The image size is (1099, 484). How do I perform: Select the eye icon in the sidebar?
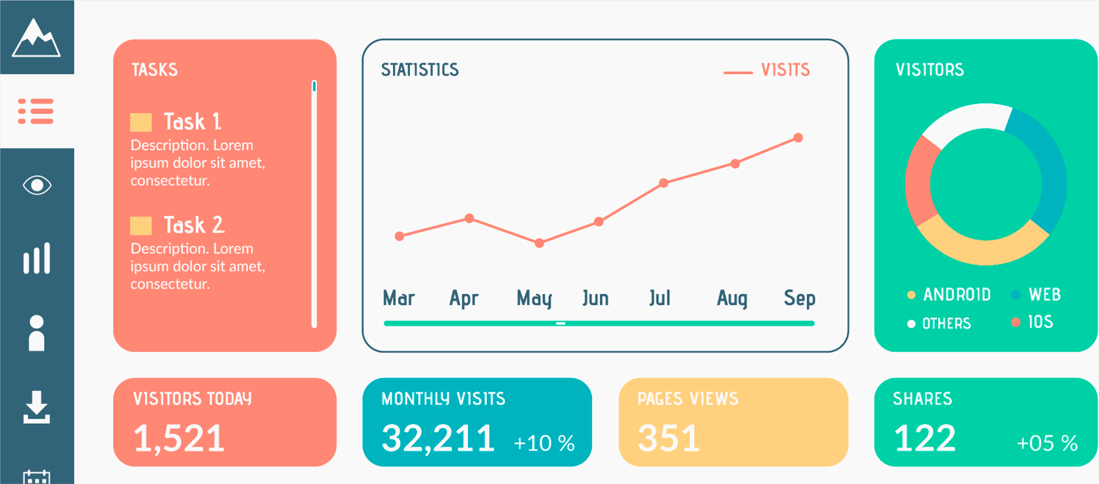(37, 185)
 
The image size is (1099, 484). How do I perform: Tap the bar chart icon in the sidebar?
(37, 258)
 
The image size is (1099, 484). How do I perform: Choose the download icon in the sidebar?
(36, 407)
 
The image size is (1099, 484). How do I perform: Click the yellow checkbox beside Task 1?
(141, 122)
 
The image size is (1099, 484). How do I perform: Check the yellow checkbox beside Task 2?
(141, 226)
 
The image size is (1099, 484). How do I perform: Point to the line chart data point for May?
(539, 244)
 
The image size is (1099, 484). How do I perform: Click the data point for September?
(798, 138)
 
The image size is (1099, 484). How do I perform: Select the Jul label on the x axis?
(659, 298)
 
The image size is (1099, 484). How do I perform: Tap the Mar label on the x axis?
(399, 298)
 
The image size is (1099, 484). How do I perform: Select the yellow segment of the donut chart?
(983, 249)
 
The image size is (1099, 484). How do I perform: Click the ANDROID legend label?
(957, 295)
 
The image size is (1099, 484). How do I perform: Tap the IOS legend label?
(1040, 322)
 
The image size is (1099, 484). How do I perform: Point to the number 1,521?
(179, 438)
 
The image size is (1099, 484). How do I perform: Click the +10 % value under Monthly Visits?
(544, 443)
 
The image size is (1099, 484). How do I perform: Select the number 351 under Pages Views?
(668, 438)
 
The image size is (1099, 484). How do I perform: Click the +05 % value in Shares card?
(1047, 443)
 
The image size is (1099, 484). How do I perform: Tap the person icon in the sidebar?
(37, 333)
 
